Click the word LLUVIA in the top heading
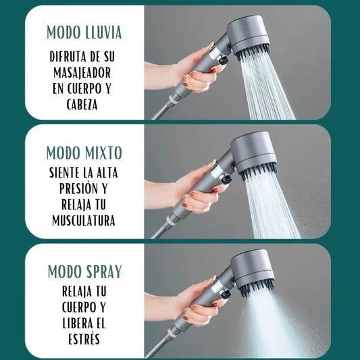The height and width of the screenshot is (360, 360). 103,32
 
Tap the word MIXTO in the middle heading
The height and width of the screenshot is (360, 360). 103,153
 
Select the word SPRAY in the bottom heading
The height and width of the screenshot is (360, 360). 104,272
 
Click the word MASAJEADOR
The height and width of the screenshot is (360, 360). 82,73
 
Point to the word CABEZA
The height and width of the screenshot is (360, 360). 82,105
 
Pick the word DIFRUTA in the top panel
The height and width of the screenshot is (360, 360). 68,57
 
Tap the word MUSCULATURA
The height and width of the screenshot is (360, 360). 84,221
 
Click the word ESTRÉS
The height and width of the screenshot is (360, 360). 84,339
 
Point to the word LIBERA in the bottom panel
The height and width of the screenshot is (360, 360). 74,324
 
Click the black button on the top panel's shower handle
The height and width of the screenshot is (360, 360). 224,61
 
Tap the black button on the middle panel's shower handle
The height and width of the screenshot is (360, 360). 226,179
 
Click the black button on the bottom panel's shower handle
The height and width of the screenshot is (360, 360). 226,294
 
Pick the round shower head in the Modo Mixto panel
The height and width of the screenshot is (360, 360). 254,155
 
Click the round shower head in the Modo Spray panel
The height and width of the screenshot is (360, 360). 252,272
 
